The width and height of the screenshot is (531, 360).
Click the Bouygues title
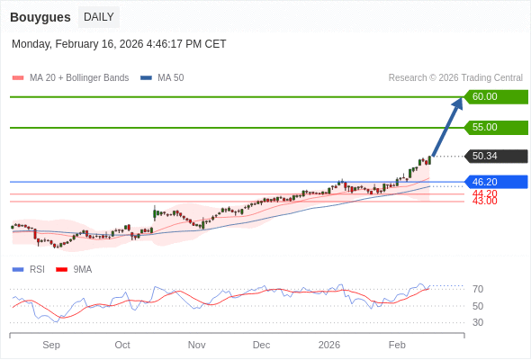[40, 17]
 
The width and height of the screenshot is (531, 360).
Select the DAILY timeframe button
[98, 17]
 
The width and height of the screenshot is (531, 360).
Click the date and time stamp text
[119, 44]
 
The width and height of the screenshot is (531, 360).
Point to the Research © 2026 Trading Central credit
[455, 78]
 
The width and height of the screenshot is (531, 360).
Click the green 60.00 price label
[495, 97]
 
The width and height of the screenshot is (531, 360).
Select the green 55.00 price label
[495, 128]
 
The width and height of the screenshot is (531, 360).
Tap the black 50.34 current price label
[495, 157]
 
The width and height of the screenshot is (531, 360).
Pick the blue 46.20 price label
[495, 182]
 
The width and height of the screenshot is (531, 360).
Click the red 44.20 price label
[484, 193]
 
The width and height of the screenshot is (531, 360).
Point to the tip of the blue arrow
[461, 99]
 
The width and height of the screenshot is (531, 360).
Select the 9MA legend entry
[82, 269]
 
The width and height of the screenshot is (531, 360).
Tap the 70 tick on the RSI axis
[478, 290]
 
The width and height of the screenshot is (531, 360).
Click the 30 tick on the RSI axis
[478, 322]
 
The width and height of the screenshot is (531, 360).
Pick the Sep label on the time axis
[51, 345]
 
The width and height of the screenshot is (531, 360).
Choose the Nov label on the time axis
[196, 345]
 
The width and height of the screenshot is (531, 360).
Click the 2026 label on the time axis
[329, 345]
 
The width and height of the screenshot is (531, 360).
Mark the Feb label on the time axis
[397, 345]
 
